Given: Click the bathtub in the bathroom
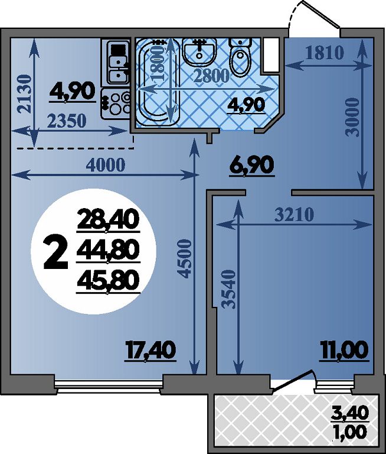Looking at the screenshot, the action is (x=158, y=82).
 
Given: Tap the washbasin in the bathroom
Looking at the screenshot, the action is (x=199, y=52).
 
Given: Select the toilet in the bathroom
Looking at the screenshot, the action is (x=240, y=57).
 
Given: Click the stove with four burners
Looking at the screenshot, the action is (x=116, y=103).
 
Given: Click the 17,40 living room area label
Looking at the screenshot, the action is (x=151, y=351).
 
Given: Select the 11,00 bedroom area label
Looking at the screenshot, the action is (x=344, y=351).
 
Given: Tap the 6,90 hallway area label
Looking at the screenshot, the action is (x=251, y=166).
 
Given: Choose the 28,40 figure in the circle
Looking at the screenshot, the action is (x=108, y=220).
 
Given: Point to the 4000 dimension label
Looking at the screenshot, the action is (x=106, y=165).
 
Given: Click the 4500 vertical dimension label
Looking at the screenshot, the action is (x=185, y=258).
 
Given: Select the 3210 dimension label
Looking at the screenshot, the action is (x=294, y=215).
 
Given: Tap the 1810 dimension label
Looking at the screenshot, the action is (x=325, y=53).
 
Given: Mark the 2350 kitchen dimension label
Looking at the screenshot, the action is (x=67, y=121).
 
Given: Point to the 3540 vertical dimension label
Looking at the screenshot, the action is (x=230, y=289).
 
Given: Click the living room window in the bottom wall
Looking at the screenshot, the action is (x=109, y=387).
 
